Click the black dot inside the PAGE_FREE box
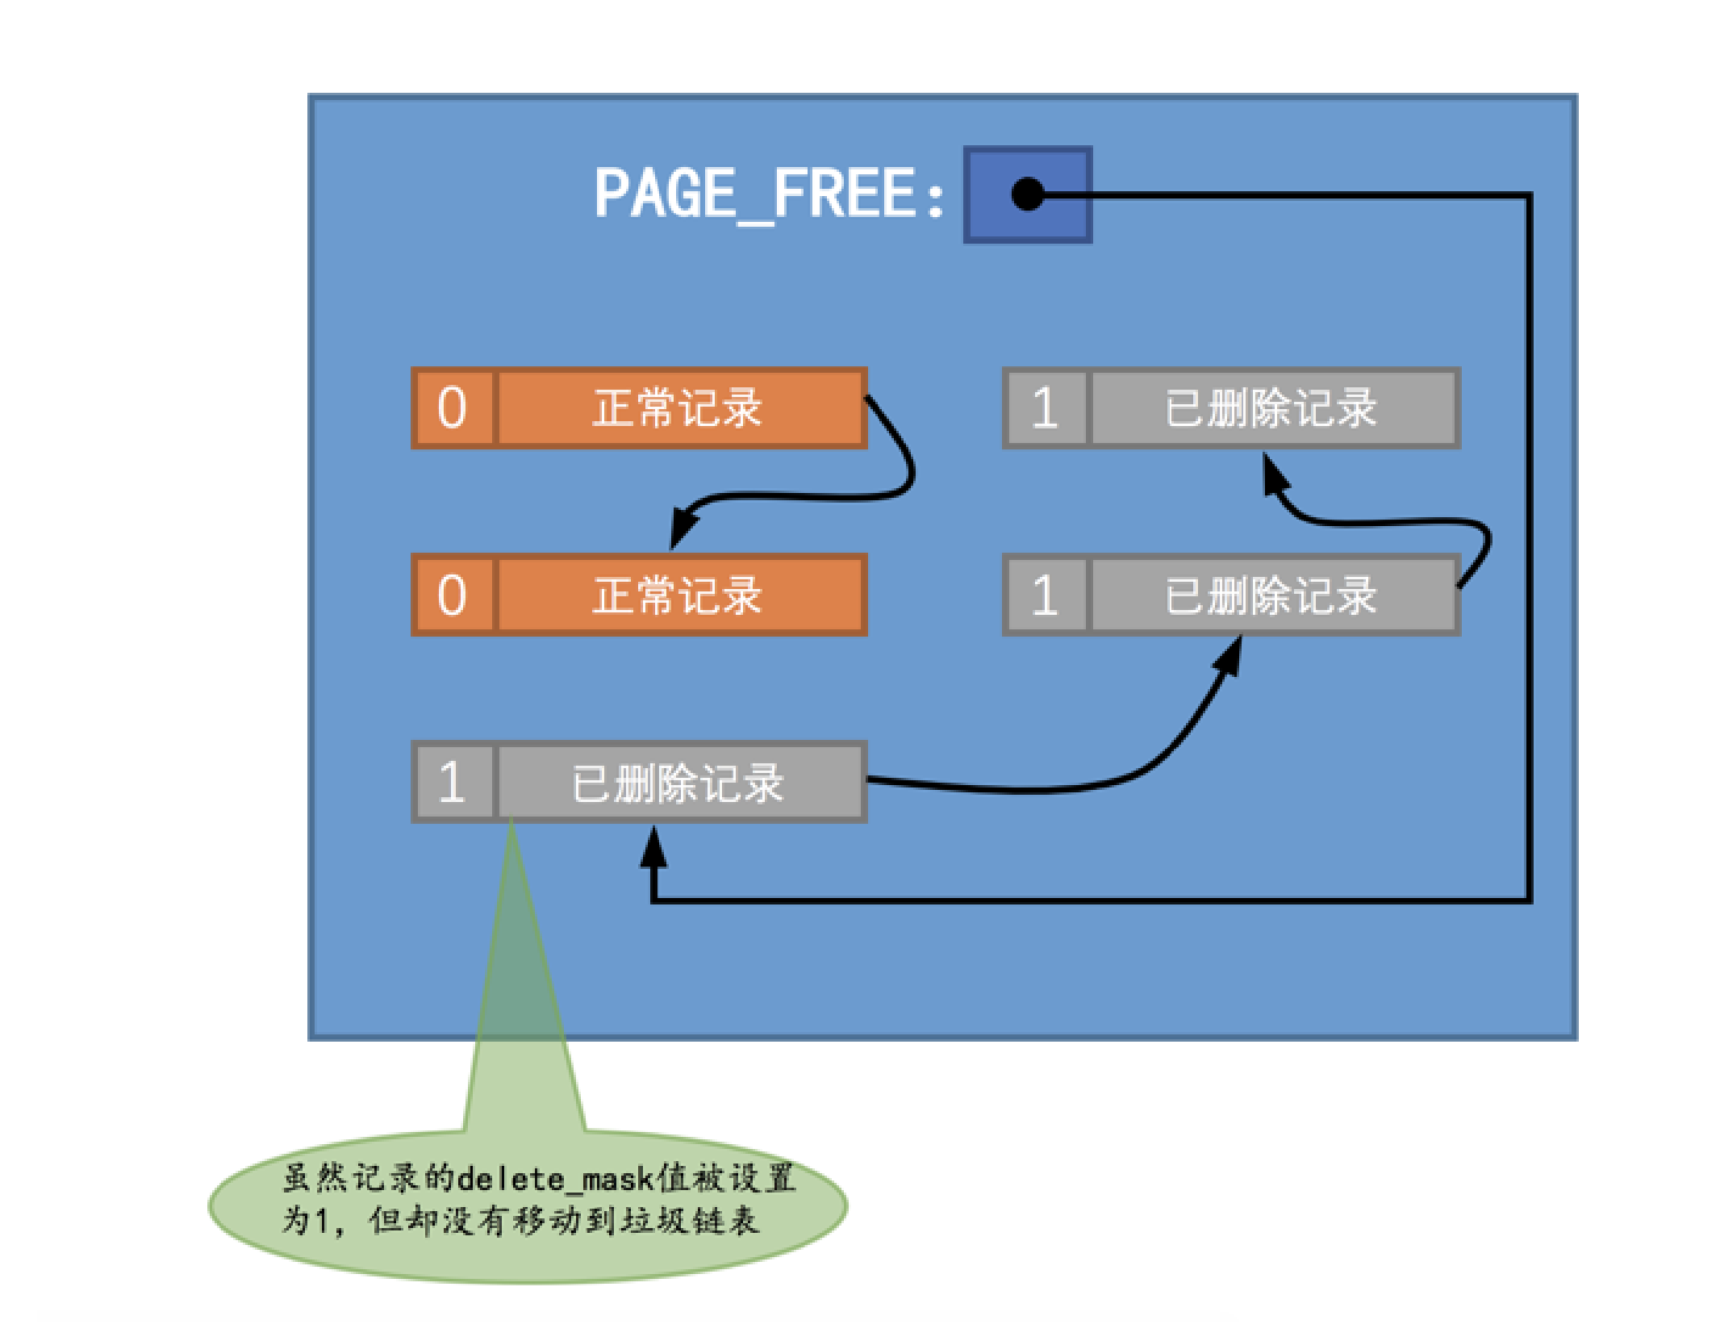1027,194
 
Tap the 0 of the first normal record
452,407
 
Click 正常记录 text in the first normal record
678,407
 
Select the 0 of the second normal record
452,595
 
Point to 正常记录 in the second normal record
678,595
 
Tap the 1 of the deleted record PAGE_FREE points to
452,783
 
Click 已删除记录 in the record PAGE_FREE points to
678,783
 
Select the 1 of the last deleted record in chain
1045,407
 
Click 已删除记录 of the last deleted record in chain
1271,407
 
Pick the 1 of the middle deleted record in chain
1045,595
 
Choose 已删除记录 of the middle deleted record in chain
1271,595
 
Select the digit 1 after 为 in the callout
320,1221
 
